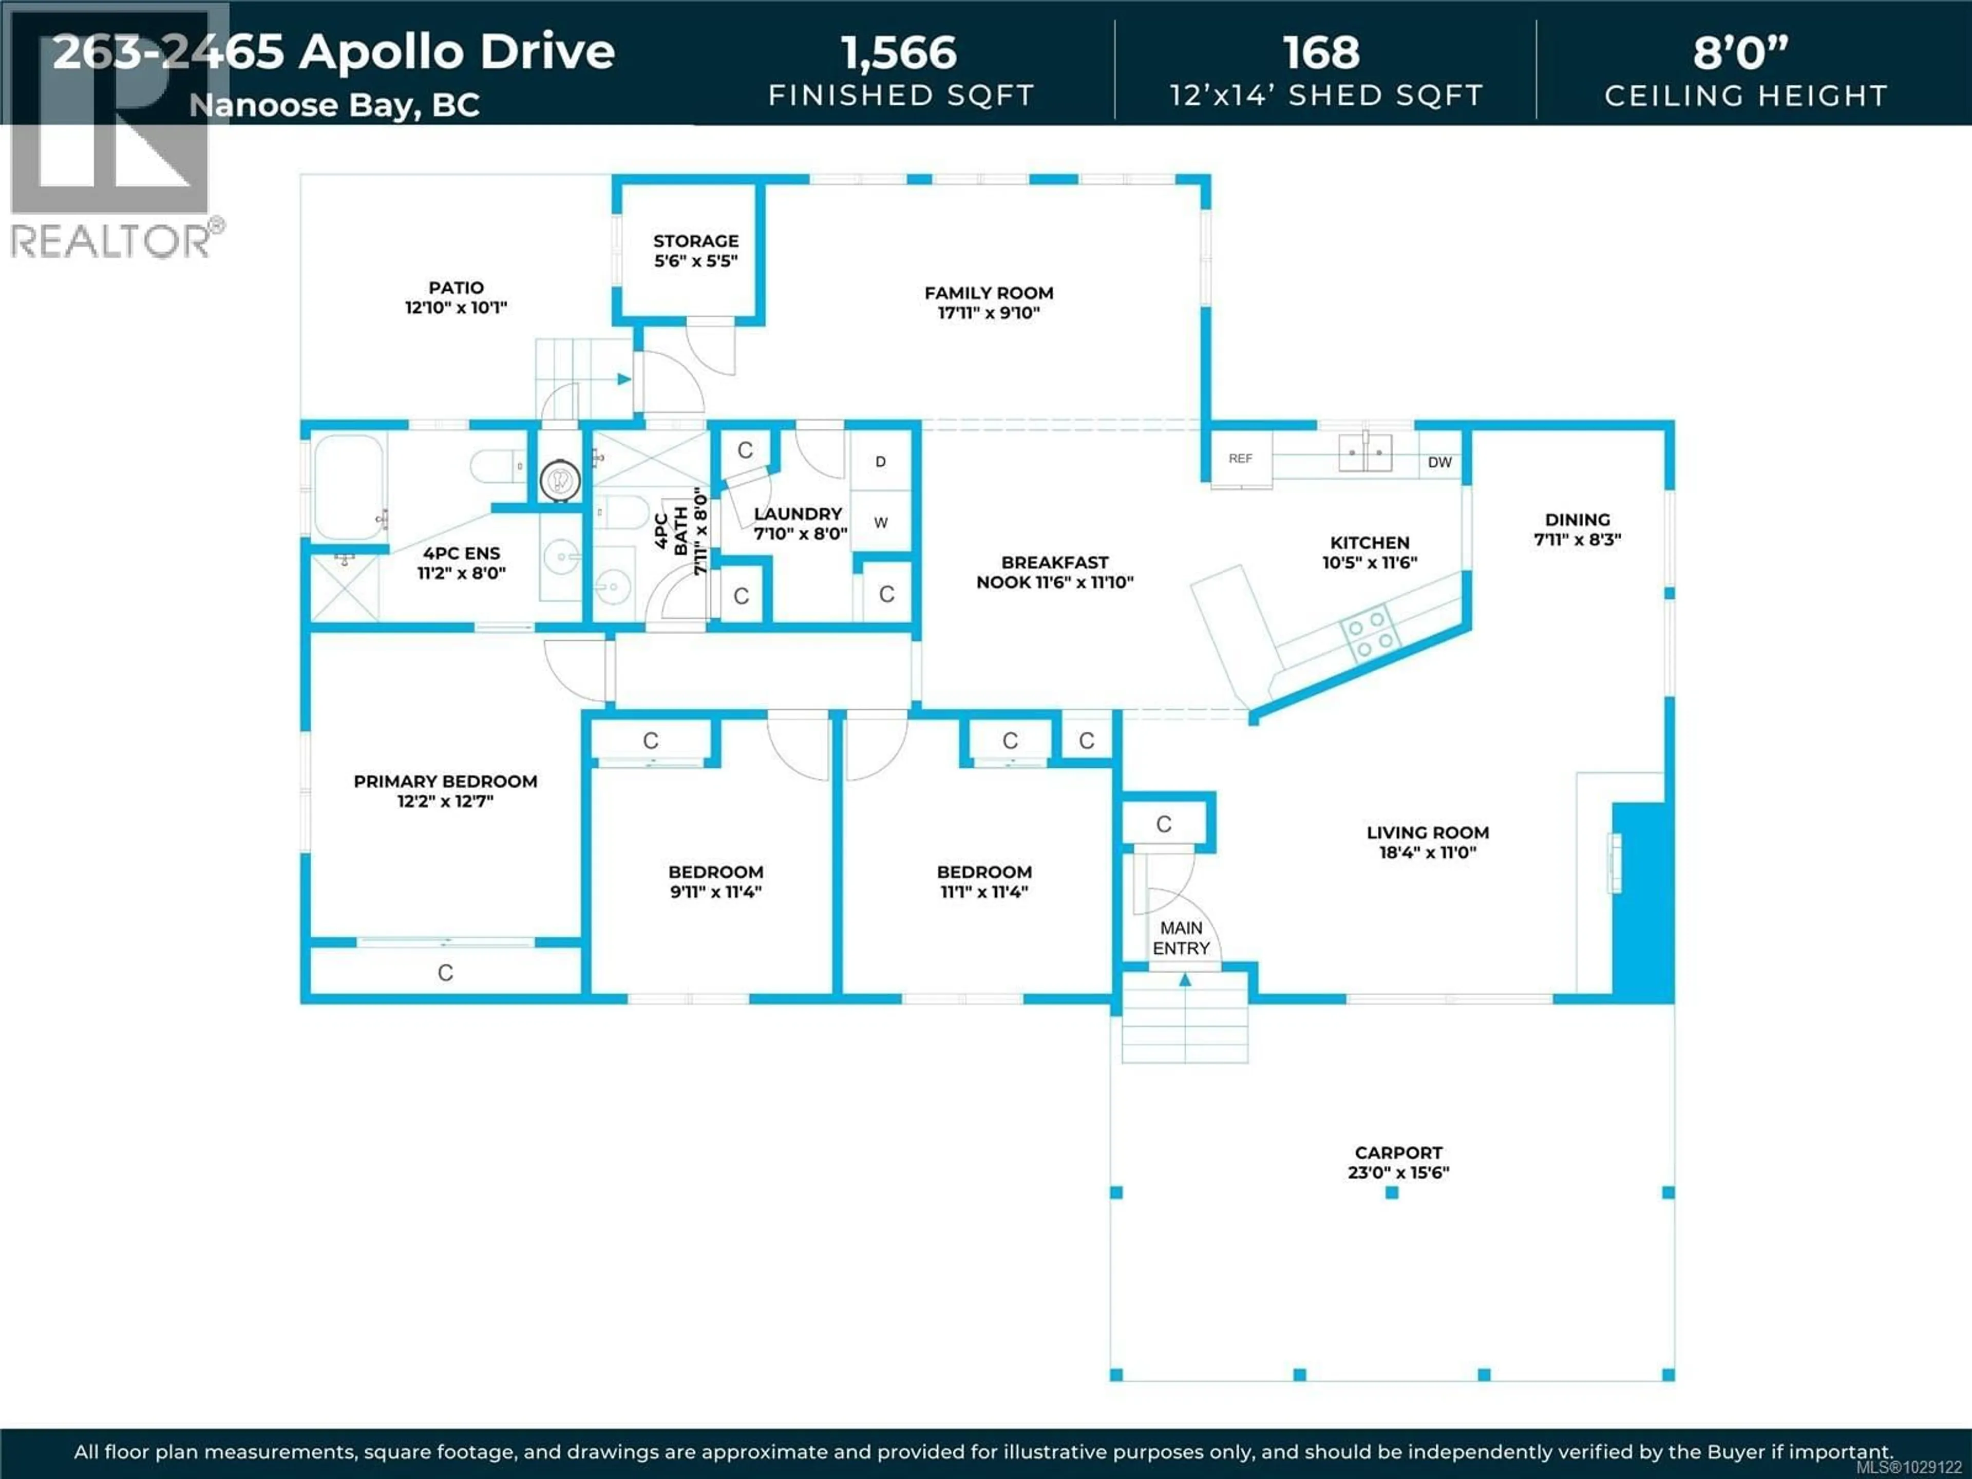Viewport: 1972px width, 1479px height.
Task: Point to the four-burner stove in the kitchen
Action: [1370, 634]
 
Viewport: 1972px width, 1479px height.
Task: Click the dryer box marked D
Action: [880, 461]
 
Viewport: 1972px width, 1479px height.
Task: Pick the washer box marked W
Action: [880, 522]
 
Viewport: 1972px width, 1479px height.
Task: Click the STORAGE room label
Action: [695, 241]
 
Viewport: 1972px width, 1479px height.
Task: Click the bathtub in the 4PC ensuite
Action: [349, 487]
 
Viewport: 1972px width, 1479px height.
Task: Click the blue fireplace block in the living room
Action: [1642, 900]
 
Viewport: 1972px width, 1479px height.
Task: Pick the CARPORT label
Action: [1398, 1153]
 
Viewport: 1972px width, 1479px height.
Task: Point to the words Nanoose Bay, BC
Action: [334, 105]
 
